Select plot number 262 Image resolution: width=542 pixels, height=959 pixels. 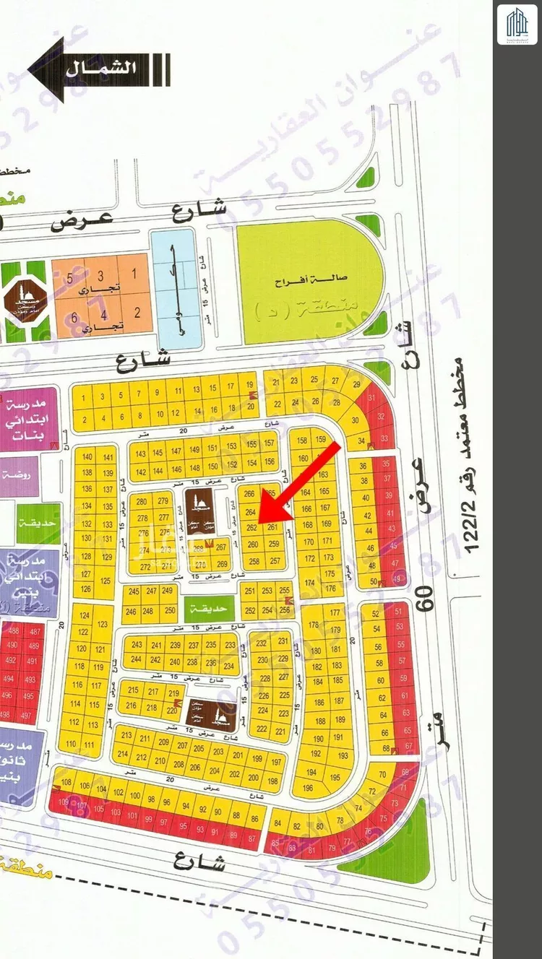point(251,529)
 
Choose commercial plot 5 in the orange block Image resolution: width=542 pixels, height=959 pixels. point(70,277)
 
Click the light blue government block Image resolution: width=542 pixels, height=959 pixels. point(174,288)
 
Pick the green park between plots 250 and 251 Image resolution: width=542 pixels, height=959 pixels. point(207,609)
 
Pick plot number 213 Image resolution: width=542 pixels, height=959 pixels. point(127,736)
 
